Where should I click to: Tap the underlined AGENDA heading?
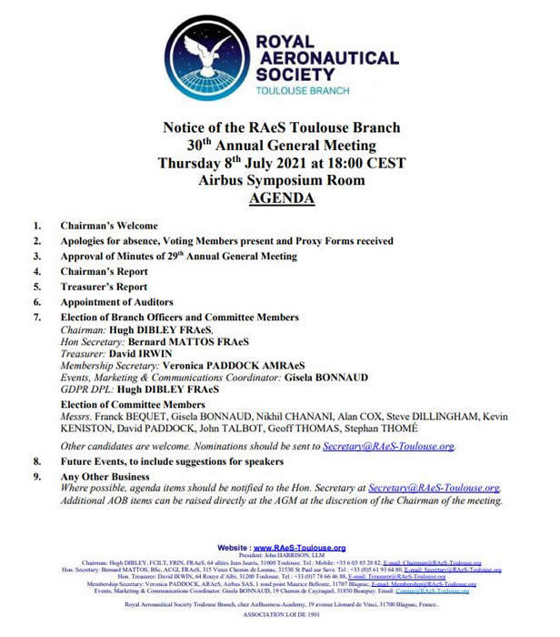(281, 197)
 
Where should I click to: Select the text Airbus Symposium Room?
(281, 180)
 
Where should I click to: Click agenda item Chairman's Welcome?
(109, 226)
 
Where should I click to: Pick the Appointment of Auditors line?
(116, 302)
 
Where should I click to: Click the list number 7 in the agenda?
(37, 317)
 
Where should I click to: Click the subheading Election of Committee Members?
(133, 405)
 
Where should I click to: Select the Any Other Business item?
(105, 476)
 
